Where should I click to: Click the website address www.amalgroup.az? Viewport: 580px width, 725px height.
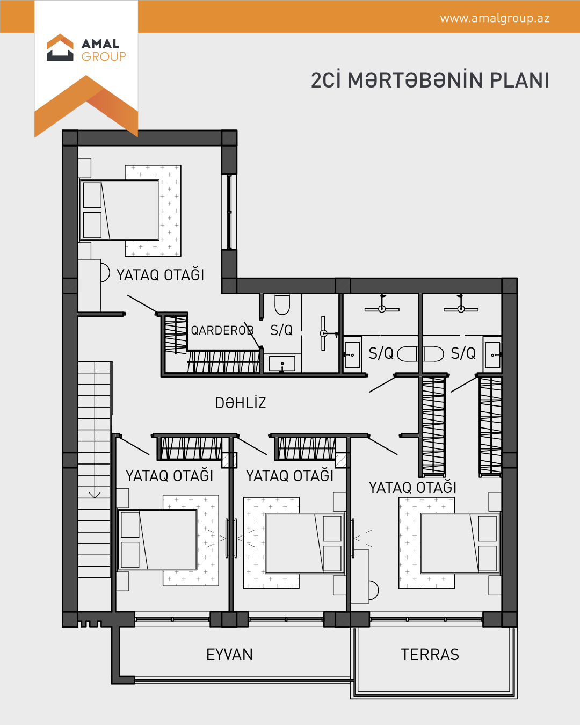pos(495,19)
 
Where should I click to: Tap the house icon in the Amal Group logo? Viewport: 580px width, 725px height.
pos(60,47)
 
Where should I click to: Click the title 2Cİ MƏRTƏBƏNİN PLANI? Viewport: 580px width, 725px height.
pos(430,80)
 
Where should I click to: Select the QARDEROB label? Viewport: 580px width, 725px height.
pos(222,330)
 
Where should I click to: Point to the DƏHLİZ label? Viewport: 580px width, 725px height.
pos(241,403)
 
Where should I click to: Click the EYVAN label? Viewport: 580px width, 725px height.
pos(229,654)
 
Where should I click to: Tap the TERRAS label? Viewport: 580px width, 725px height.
pos(430,654)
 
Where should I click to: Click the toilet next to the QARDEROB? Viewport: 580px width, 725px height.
pos(282,304)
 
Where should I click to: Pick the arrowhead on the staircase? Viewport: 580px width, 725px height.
pos(95,495)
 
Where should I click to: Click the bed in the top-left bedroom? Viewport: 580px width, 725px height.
pos(119,210)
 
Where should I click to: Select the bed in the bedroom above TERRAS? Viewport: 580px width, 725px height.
pos(460,543)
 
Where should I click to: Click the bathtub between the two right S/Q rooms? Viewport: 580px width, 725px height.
pos(421,354)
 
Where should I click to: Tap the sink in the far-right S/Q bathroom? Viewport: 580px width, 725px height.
pos(492,355)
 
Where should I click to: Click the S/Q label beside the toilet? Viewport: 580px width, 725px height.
pos(281,330)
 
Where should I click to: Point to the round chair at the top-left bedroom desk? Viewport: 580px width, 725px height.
pos(105,273)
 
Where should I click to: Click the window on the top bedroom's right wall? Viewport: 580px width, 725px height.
pos(229,212)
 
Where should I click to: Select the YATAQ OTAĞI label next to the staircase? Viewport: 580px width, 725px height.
pos(169,476)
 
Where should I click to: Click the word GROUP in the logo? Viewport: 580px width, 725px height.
pos(104,56)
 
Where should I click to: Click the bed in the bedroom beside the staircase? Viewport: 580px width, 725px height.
pos(157,540)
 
